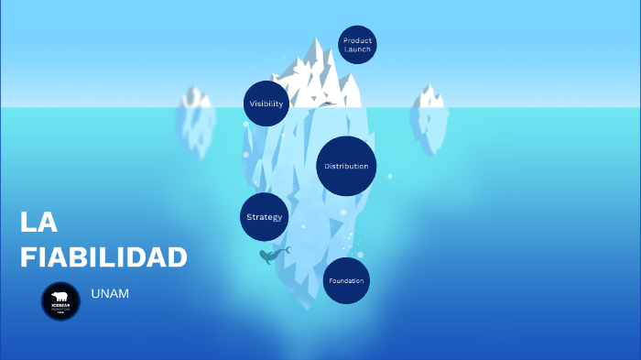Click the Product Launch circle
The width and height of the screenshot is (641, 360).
(357, 44)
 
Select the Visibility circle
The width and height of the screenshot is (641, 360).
(266, 104)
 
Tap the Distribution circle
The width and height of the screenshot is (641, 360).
(347, 166)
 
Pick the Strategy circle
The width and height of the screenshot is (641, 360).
(264, 217)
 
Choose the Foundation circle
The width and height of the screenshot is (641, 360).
(346, 280)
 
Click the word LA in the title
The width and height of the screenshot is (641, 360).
(38, 223)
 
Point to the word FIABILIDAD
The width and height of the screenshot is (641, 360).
(103, 257)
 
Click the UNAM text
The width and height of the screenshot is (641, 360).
(110, 293)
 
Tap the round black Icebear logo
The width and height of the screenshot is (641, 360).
(61, 301)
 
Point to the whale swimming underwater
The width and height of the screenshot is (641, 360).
(272, 256)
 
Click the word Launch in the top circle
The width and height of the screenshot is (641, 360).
(357, 49)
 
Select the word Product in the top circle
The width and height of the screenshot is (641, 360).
(357, 40)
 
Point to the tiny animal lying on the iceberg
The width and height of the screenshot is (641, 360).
(326, 104)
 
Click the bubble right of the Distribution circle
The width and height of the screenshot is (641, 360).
(389, 176)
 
